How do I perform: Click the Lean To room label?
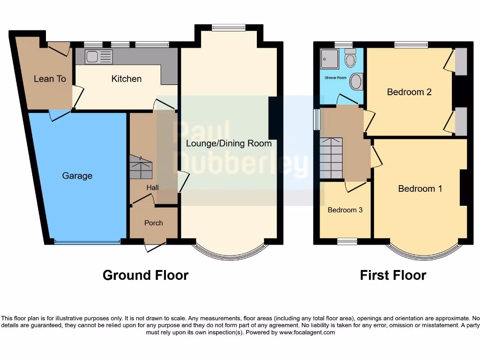pyautogui.click(x=50, y=79)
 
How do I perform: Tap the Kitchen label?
pyautogui.click(x=126, y=79)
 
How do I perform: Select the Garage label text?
pyautogui.click(x=77, y=176)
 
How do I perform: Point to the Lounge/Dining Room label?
pyautogui.click(x=229, y=143)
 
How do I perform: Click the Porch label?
pyautogui.click(x=153, y=223)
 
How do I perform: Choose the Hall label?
pyautogui.click(x=152, y=187)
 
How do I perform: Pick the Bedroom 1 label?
pyautogui.click(x=420, y=188)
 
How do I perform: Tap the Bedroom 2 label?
pyautogui.click(x=409, y=92)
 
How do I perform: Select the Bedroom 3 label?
pyautogui.click(x=345, y=210)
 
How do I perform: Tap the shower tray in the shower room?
pyautogui.click(x=330, y=59)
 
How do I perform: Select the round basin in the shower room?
pyautogui.click(x=356, y=82)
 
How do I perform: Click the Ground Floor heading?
pyautogui.click(x=145, y=275)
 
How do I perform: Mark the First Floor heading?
pyautogui.click(x=393, y=275)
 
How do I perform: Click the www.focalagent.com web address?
pyautogui.click(x=307, y=332)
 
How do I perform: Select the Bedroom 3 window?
pyautogui.click(x=347, y=241)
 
